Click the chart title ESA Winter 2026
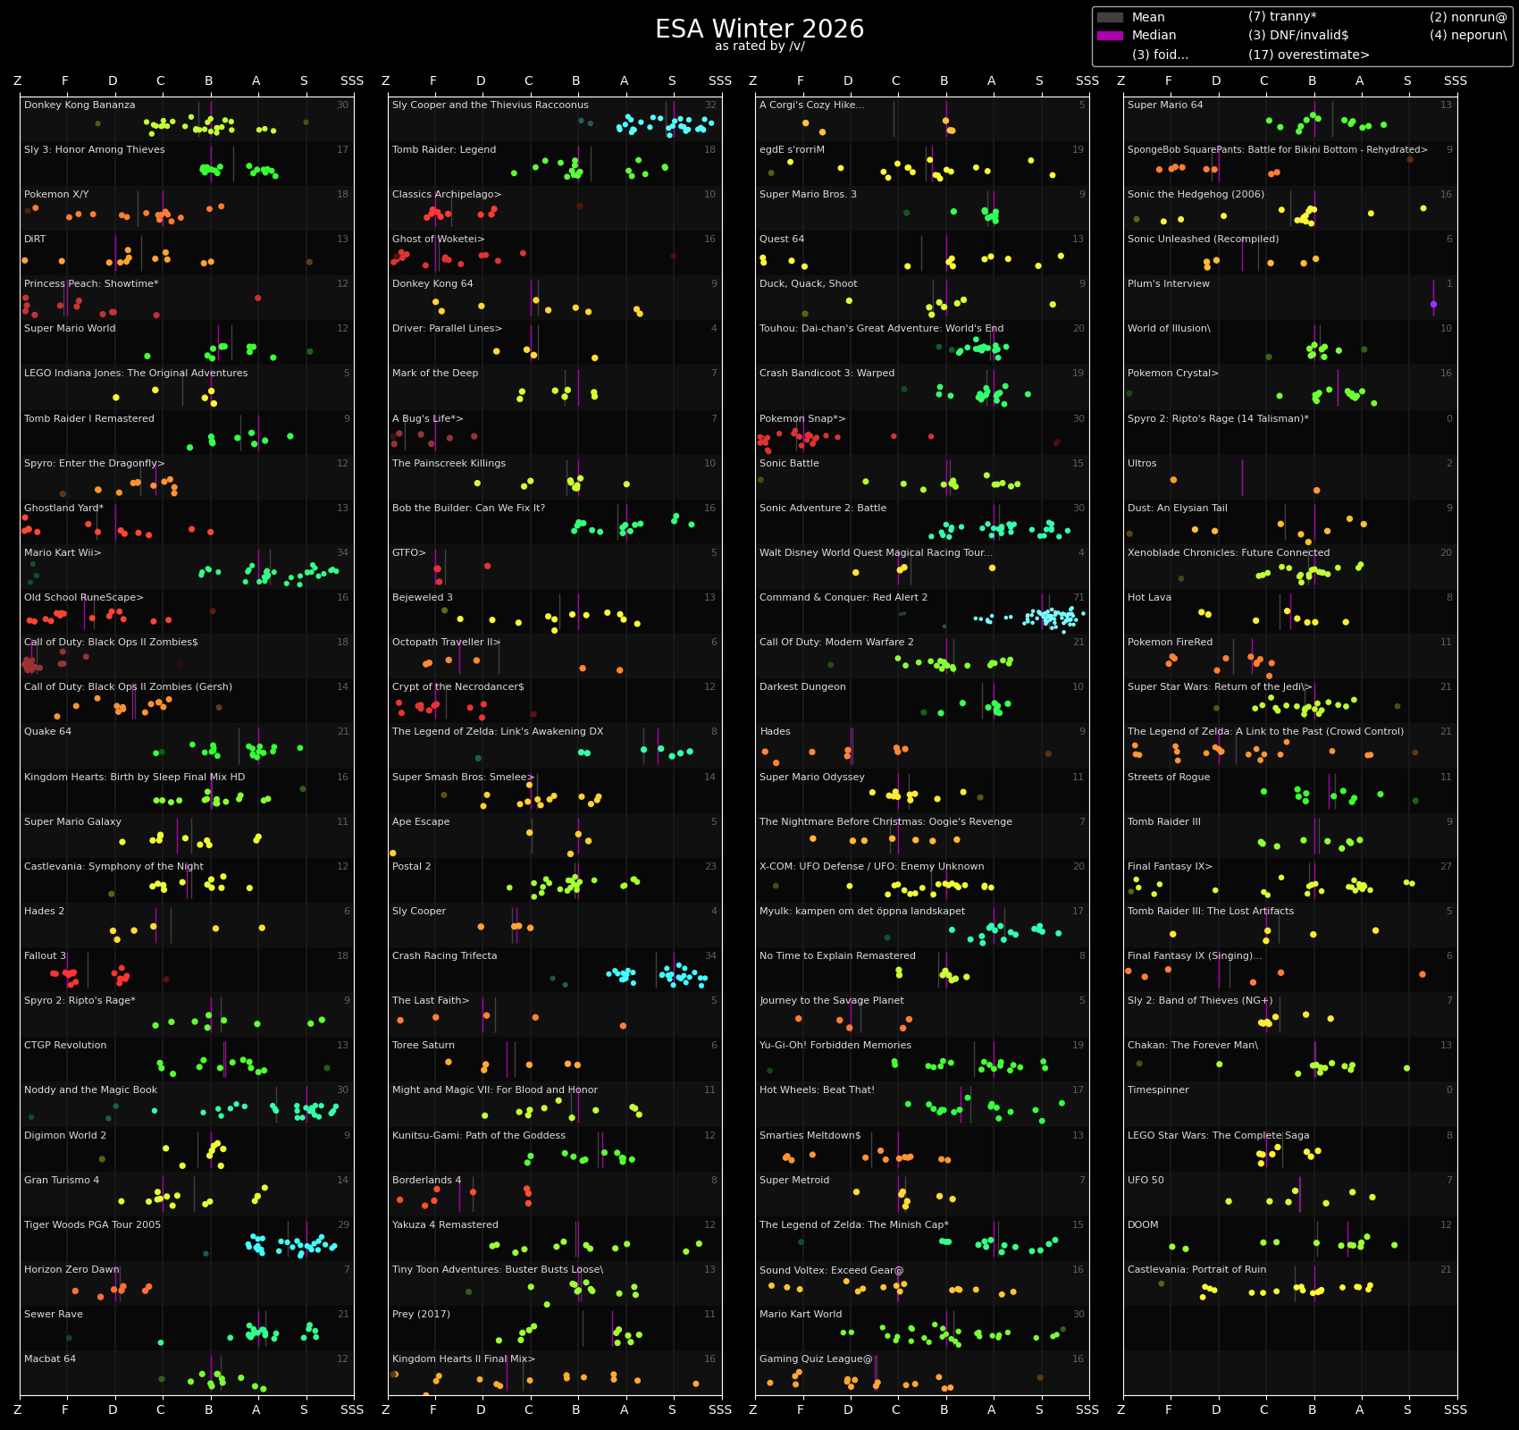point(759,29)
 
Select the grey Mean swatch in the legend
point(1110,17)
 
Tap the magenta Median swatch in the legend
point(1110,36)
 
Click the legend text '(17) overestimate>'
point(1308,55)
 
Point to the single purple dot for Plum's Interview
point(1433,304)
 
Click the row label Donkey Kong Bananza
point(80,105)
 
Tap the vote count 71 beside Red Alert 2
point(1078,598)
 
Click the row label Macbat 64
point(50,1359)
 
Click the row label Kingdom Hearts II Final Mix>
point(463,1359)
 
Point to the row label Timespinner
point(1158,1090)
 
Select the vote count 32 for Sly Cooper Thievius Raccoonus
point(710,105)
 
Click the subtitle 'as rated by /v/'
point(759,46)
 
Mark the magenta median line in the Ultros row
point(1242,477)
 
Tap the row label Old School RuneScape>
point(84,598)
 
